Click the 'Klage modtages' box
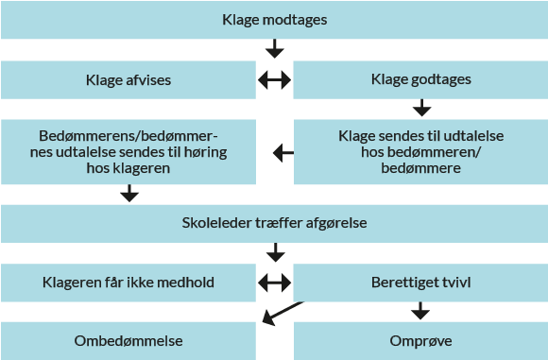click(x=274, y=20)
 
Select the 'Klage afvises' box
click(x=128, y=80)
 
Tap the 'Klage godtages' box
click(x=420, y=80)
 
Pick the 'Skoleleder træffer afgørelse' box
click(x=274, y=223)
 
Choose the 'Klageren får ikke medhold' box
click(x=128, y=282)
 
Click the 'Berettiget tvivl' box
click(x=420, y=282)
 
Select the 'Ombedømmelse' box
click(x=128, y=340)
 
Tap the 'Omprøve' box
click(x=420, y=340)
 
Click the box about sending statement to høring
click(x=128, y=151)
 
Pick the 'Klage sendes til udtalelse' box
click(x=420, y=151)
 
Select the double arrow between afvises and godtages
click(x=275, y=80)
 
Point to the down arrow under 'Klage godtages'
click(x=420, y=107)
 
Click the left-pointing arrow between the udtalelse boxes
click(x=283, y=151)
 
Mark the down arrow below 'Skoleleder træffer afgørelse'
click(x=275, y=252)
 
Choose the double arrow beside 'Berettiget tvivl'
click(x=275, y=282)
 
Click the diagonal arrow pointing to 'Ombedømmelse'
click(x=281, y=314)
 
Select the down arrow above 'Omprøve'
click(x=420, y=310)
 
